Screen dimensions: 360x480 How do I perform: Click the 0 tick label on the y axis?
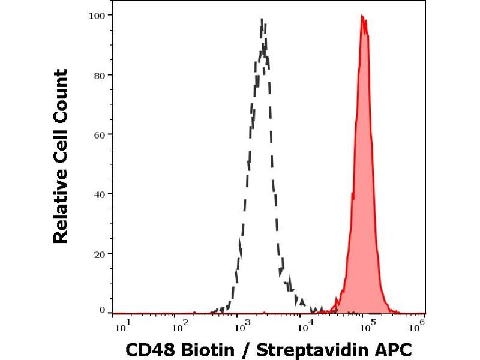pyautogui.click(x=103, y=310)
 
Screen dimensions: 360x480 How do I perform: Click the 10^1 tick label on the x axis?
pyautogui.click(x=120, y=326)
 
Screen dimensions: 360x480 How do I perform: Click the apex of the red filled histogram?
pyautogui.click(x=362, y=16)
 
